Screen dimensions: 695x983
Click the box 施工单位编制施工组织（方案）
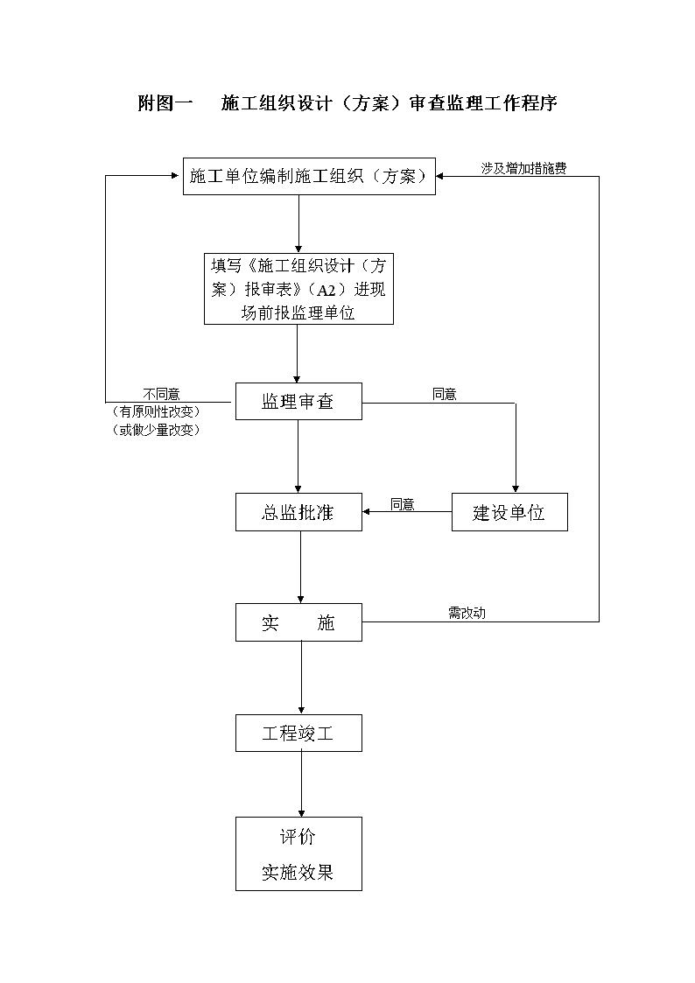pos(309,176)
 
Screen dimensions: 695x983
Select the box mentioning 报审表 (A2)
pos(299,288)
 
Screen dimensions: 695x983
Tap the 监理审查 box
pos(299,401)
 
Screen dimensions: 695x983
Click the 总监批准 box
pos(299,512)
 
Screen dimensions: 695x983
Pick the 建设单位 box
pos(509,512)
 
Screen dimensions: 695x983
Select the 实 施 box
pos(299,622)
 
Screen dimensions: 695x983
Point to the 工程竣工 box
pos(299,733)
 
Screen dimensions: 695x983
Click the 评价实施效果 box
pos(299,853)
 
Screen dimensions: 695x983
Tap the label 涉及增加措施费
pos(524,168)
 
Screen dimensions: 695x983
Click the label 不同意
pos(162,394)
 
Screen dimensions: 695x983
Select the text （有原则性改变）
pos(156,412)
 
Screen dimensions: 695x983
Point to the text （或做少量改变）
pos(156,430)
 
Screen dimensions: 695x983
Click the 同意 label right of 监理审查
pos(445,394)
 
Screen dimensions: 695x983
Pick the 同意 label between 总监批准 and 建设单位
pos(403,505)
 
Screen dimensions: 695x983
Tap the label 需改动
pos(467,613)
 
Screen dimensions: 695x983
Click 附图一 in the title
pos(165,102)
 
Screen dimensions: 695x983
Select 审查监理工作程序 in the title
pos(483,102)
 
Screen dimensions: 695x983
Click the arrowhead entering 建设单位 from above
pos(516,489)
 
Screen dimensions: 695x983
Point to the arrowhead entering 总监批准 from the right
pos(367,511)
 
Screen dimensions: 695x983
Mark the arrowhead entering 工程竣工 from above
pos(301,710)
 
